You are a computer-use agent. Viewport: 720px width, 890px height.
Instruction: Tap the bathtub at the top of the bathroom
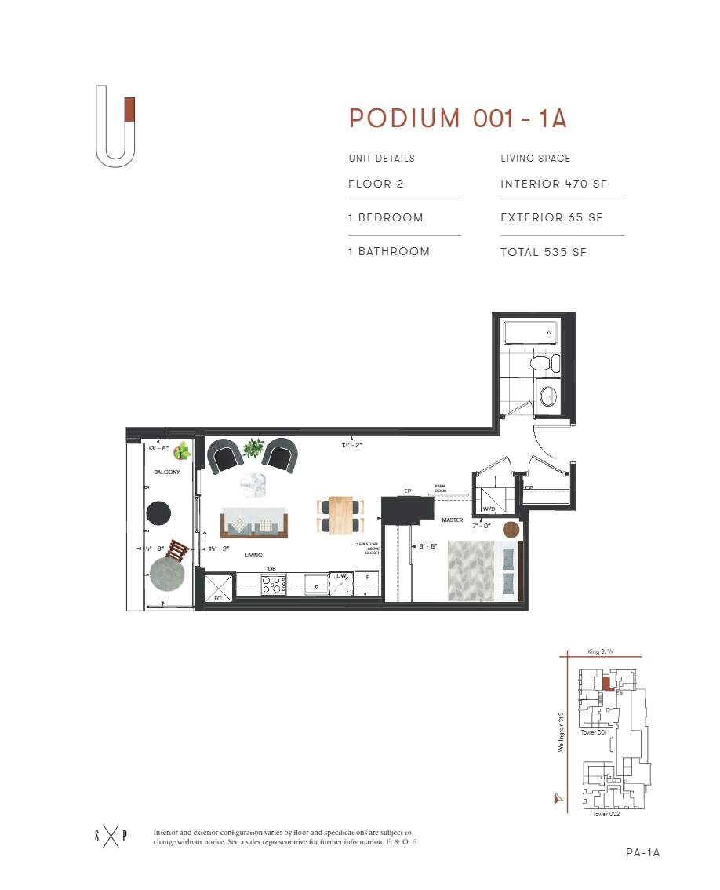coord(531,333)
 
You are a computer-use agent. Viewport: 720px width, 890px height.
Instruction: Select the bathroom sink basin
coord(547,395)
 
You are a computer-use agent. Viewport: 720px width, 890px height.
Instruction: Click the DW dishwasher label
coord(341,576)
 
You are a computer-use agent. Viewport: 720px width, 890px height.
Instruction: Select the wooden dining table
coord(340,516)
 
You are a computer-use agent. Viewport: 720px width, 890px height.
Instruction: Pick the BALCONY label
coord(167,472)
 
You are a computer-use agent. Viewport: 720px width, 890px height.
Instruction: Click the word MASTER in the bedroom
coord(452,520)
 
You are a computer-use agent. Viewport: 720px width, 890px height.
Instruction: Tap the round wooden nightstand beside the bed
coord(511,529)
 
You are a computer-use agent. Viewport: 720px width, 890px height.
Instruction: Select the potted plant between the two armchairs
coord(253,448)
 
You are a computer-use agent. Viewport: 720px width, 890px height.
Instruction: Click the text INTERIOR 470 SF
coord(554,184)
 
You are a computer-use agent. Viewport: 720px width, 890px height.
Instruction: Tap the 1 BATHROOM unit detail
coord(389,252)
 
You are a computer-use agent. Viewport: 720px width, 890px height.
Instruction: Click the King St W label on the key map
coord(602,651)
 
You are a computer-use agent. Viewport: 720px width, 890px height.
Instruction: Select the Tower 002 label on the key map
coord(606,814)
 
